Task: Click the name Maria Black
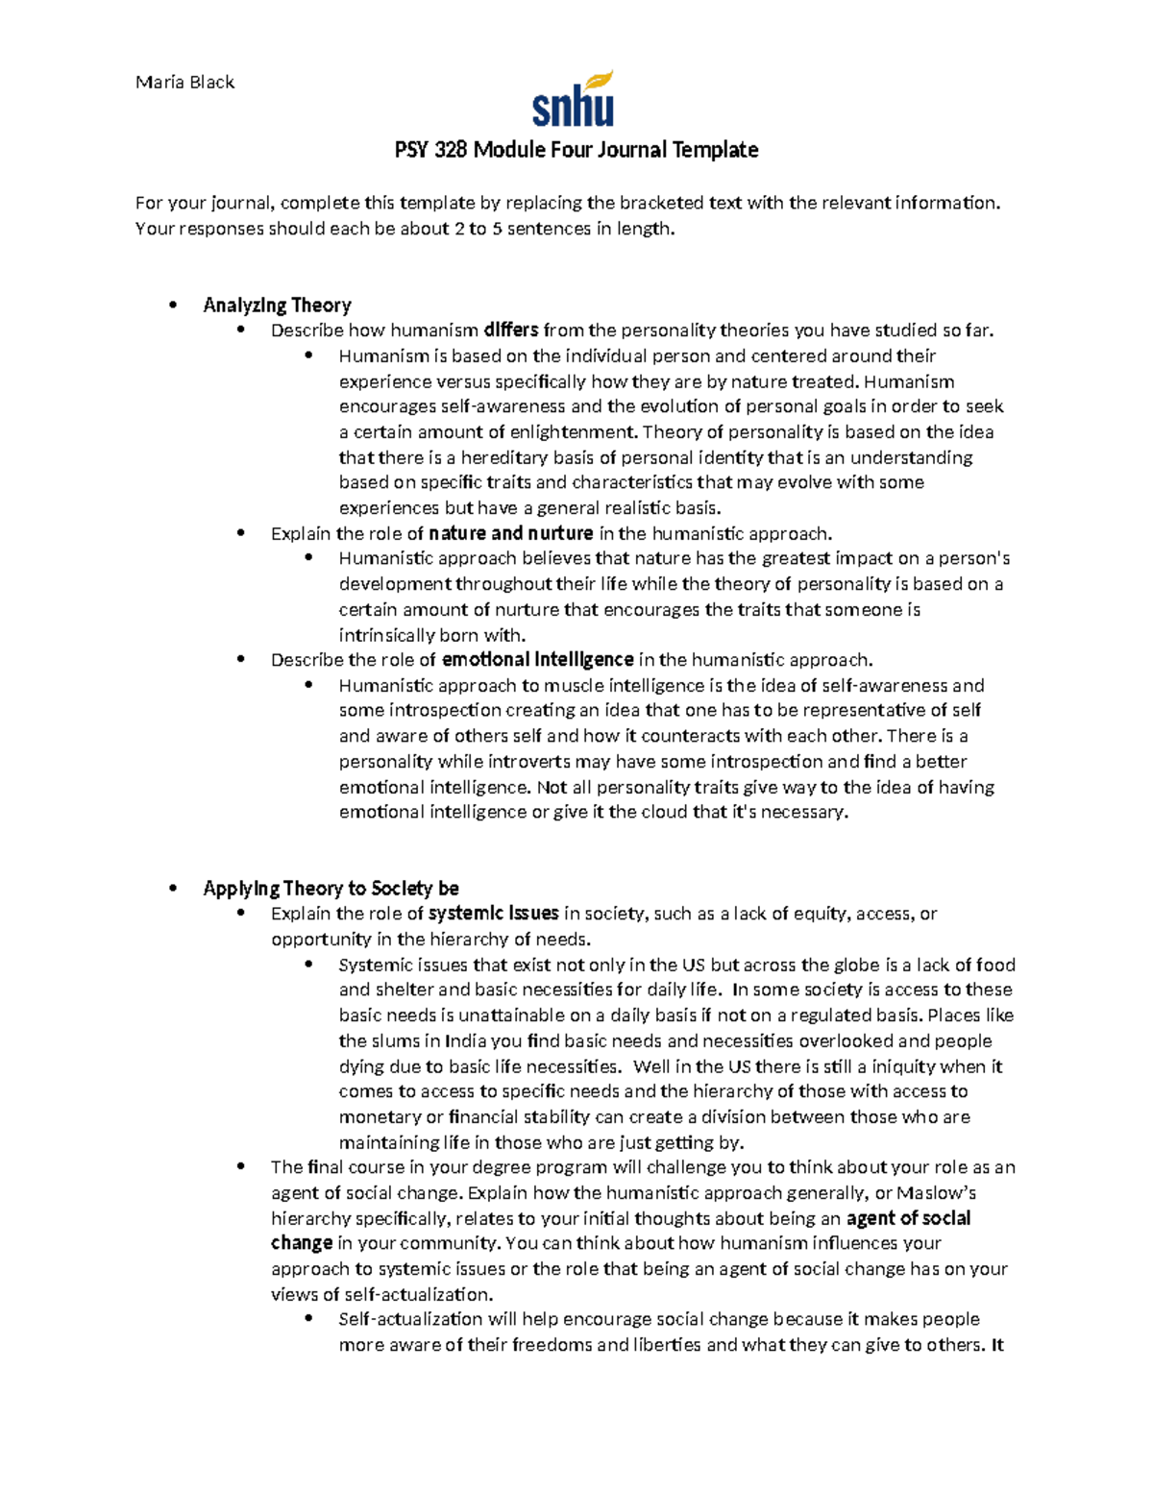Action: coord(184,83)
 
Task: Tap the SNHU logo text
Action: coord(573,109)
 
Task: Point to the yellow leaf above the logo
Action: coord(601,79)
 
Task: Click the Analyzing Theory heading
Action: coord(277,306)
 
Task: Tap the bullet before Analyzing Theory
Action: coord(173,306)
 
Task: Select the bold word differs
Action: coord(510,330)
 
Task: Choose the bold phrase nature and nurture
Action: coord(510,534)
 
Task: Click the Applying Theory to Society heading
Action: coord(331,889)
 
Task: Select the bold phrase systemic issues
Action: coord(493,914)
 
